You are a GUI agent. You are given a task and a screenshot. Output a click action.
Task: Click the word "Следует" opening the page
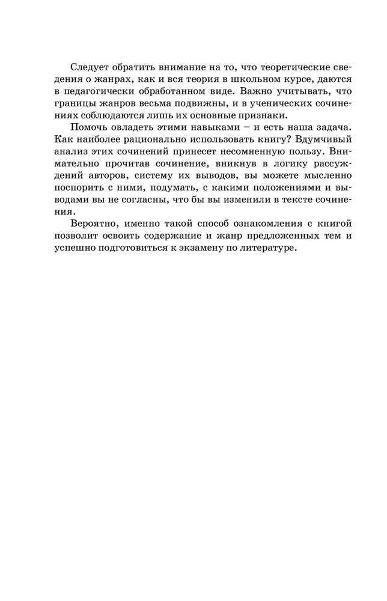pyautogui.click(x=90, y=67)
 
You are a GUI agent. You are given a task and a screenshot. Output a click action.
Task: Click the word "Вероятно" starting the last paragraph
pyautogui.click(x=93, y=225)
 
